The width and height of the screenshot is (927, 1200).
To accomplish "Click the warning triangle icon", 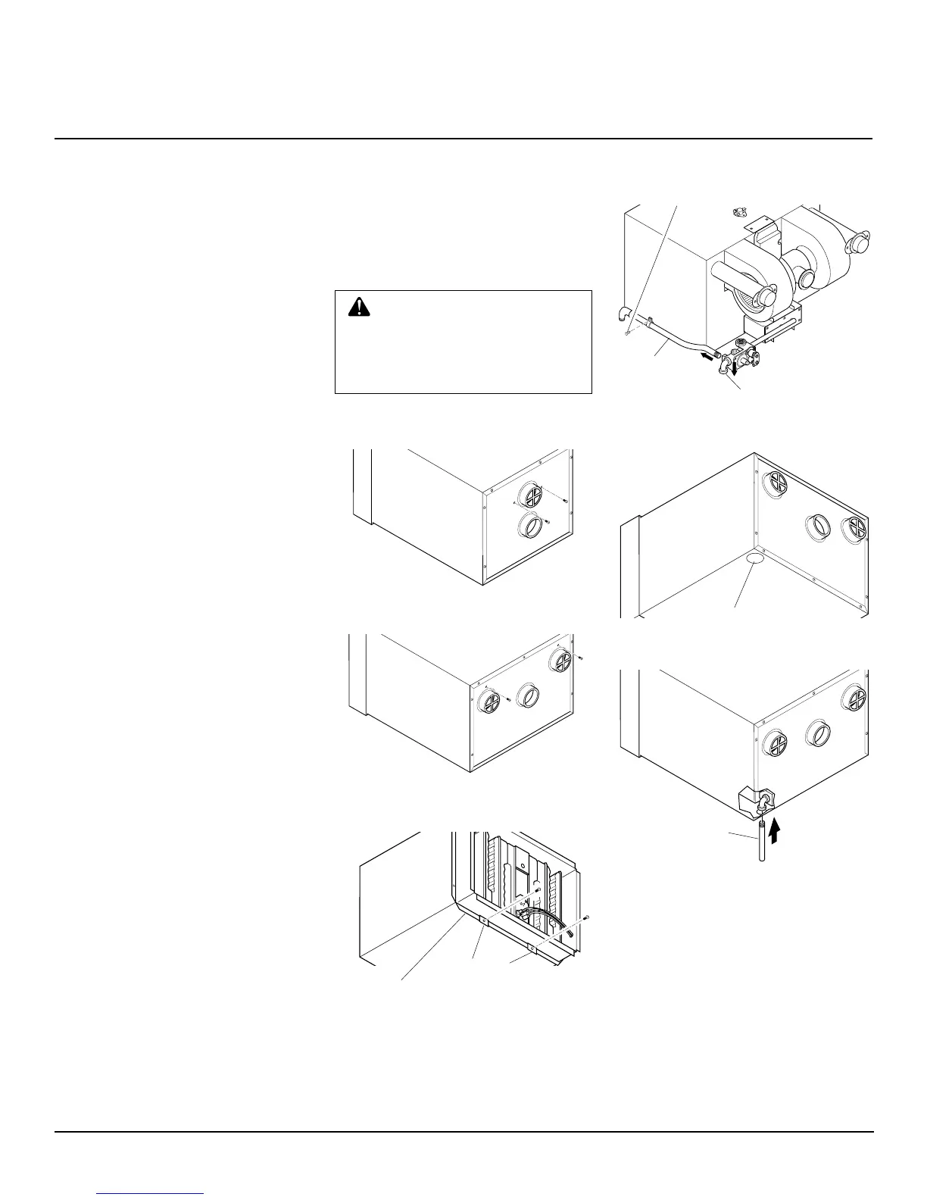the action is (359, 306).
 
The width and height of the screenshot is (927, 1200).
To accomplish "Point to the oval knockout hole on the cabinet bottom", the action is (754, 558).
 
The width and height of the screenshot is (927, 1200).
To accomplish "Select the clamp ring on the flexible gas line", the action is (650, 327).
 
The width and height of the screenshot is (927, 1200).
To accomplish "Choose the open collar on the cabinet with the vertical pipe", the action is (818, 732).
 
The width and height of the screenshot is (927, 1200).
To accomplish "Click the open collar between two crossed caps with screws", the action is (528, 695).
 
